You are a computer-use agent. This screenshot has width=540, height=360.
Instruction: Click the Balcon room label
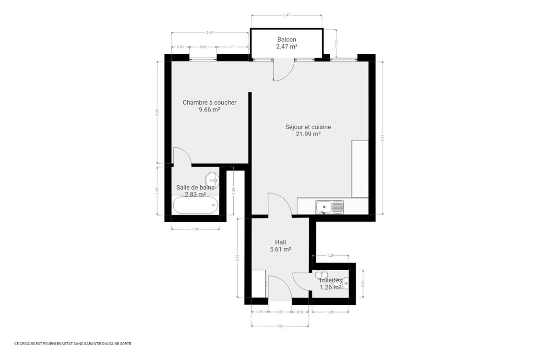(287, 39)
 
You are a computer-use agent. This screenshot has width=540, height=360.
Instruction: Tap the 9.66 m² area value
(209, 109)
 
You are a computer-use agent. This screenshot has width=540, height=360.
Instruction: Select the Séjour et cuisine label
(308, 127)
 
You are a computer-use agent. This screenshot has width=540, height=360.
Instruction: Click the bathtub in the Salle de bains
(195, 205)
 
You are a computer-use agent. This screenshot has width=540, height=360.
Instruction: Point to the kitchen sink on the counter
(329, 207)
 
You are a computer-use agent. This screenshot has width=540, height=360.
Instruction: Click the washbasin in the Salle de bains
(212, 180)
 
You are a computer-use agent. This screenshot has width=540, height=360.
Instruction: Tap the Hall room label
(280, 242)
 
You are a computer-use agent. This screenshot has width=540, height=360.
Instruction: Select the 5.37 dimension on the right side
(383, 138)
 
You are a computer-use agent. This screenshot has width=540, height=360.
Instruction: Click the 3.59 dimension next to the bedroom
(157, 113)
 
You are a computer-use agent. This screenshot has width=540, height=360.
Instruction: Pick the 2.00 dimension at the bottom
(280, 326)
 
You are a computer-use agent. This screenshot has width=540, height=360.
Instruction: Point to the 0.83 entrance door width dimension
(280, 312)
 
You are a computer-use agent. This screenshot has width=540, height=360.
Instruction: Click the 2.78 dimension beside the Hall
(238, 258)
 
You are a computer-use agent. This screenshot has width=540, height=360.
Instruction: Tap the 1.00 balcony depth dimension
(336, 42)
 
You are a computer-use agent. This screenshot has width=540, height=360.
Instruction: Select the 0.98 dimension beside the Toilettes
(363, 283)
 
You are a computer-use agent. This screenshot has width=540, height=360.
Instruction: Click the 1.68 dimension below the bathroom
(195, 229)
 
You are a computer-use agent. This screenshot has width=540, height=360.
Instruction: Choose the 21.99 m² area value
(308, 134)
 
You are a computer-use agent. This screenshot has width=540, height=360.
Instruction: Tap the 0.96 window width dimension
(203, 47)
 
